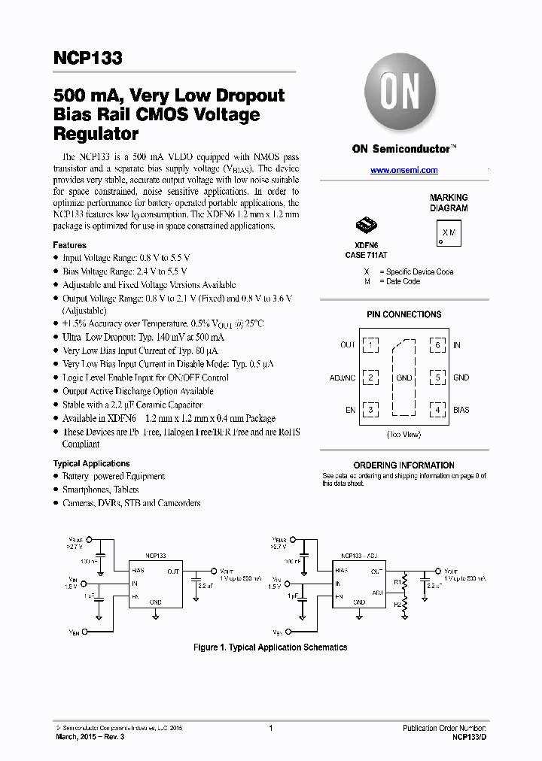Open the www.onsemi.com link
(403, 171)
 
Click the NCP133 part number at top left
(87, 59)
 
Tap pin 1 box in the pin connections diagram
(371, 345)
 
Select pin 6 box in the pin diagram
(437, 345)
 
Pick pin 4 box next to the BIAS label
(437, 410)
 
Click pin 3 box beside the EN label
(371, 410)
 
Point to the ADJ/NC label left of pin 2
(343, 377)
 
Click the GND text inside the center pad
(403, 377)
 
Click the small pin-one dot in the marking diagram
(441, 242)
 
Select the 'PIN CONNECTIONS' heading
(403, 314)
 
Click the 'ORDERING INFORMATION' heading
(403, 465)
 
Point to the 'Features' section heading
(69, 245)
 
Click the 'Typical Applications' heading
(91, 464)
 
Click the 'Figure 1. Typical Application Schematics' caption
(270, 647)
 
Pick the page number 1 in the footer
(270, 728)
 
